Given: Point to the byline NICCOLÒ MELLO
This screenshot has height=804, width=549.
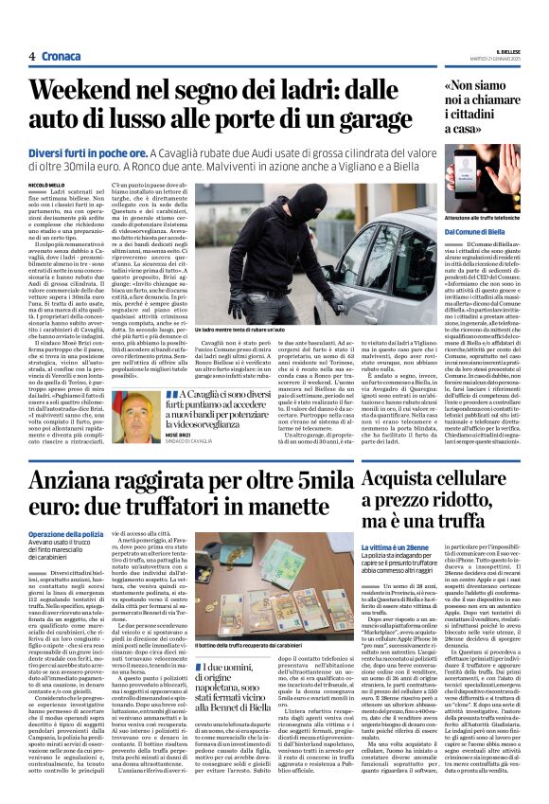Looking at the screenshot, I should click(x=47, y=186).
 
